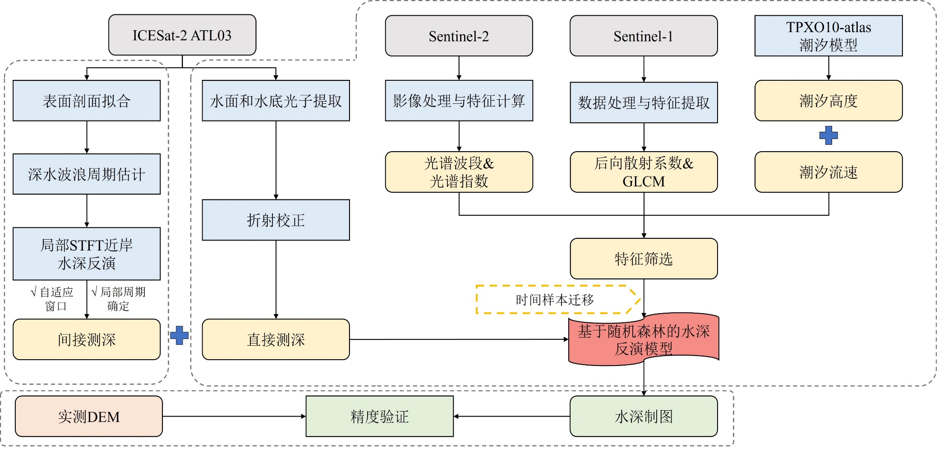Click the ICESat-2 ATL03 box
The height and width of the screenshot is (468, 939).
coord(182,35)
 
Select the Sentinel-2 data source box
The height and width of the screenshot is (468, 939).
coord(459,36)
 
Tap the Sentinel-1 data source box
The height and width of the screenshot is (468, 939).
coord(644,36)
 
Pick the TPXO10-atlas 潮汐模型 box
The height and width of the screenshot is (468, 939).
coord(829,36)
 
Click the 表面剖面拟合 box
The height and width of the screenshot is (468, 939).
coord(87,101)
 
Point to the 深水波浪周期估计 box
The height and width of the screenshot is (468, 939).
coord(87,174)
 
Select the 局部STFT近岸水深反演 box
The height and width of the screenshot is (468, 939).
coord(87,254)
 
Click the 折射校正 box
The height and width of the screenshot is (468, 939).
coord(276,220)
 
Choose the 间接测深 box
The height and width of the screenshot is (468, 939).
coord(87,339)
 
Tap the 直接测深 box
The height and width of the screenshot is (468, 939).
coord(276,339)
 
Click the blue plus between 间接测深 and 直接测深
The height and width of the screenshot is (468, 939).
coord(179,335)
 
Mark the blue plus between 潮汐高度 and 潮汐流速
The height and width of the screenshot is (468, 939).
coord(829,135)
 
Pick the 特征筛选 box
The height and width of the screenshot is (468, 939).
coord(644,259)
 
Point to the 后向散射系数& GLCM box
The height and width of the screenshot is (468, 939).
coord(644,172)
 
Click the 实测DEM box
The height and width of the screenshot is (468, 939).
coord(89,416)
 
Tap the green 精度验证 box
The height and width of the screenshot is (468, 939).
coord(379,416)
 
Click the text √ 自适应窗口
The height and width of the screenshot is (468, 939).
coord(52,299)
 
